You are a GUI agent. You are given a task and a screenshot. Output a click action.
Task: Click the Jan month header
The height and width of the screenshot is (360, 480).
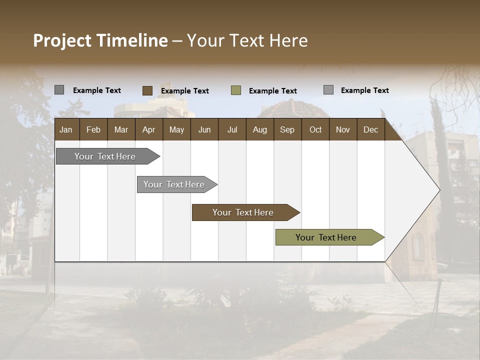click(66, 129)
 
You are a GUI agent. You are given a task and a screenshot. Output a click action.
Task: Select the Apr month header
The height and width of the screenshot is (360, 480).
click(148, 129)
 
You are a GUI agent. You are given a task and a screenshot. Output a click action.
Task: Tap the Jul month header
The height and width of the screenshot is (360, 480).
click(232, 129)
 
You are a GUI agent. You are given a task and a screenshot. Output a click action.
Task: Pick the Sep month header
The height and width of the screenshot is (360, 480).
click(287, 129)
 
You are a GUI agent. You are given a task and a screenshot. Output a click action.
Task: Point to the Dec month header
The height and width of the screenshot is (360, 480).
click(370, 129)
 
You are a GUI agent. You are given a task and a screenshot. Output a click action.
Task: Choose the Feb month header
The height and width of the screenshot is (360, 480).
click(93, 129)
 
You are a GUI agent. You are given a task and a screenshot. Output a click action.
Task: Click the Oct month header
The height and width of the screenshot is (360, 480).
click(315, 129)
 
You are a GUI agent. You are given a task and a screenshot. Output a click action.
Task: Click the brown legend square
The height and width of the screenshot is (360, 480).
click(147, 90)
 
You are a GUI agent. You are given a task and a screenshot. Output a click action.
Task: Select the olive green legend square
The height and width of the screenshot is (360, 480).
click(236, 90)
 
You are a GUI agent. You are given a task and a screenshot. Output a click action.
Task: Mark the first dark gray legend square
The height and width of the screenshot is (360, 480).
click(59, 90)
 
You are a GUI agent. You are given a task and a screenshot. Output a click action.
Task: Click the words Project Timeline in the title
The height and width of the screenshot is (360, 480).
click(100, 40)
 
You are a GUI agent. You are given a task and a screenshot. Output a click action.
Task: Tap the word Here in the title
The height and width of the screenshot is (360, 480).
click(288, 40)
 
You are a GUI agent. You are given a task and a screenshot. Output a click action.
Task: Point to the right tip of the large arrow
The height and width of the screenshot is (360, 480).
click(439, 190)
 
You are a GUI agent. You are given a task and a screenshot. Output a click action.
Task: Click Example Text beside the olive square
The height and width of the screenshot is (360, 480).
click(272, 91)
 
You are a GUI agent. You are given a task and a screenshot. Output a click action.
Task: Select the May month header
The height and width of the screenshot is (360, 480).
click(176, 129)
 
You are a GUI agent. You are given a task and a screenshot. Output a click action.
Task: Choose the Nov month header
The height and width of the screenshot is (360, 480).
click(342, 129)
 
